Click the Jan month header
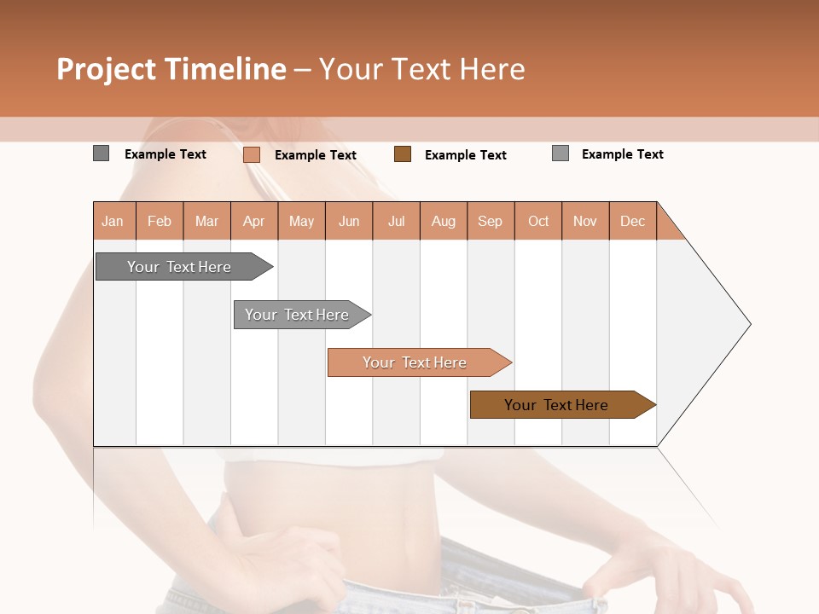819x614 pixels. coord(113,221)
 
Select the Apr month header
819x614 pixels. coord(254,221)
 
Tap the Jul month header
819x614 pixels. coord(397,221)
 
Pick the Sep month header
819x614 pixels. coord(491,221)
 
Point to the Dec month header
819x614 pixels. coord(633,221)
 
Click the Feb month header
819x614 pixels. coord(160,221)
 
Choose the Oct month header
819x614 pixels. coord(538,221)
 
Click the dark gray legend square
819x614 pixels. coord(102,153)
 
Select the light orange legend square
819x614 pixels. coord(252,154)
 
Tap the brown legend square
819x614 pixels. coord(403,153)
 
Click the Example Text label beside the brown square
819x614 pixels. coord(466,155)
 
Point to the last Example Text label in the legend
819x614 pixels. coord(623,154)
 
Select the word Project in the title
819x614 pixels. coord(106,69)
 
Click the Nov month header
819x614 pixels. coord(585,221)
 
